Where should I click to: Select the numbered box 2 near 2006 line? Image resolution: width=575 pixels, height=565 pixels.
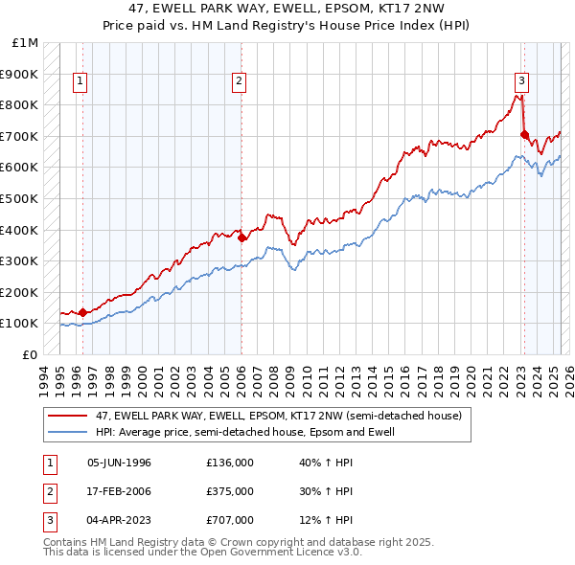[x=238, y=82]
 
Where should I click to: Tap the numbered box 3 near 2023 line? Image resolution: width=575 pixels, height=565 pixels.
[x=520, y=82]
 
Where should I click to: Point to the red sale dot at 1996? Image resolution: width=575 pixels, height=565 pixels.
[x=82, y=311]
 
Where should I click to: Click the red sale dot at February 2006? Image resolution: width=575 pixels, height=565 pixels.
[x=241, y=237]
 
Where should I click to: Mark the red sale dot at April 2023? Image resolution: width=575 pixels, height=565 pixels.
[x=524, y=134]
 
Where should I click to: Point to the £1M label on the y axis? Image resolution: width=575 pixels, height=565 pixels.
[x=26, y=43]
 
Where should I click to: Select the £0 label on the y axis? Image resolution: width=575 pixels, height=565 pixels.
[x=32, y=354]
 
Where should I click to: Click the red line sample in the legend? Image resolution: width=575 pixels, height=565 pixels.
[x=68, y=417]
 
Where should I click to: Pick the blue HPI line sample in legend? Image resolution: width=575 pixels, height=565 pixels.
[x=68, y=432]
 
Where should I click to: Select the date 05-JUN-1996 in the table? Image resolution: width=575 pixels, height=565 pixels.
[x=119, y=463]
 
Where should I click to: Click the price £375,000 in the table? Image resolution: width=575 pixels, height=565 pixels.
[x=230, y=491]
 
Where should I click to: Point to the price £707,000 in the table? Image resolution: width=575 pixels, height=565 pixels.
[x=230, y=520]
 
